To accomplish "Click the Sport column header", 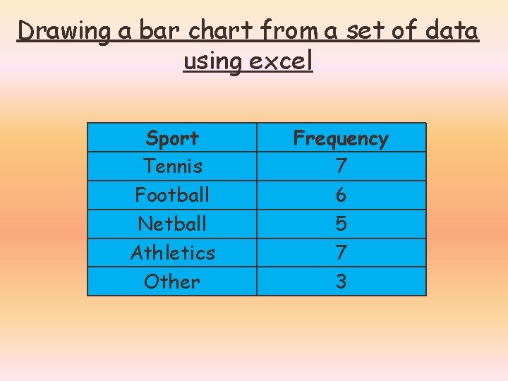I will click(172, 138).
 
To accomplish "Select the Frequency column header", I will click(341, 138).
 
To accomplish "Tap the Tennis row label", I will click(172, 167).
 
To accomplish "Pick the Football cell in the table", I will click(172, 194).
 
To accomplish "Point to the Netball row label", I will click(172, 224).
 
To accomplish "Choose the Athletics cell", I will click(172, 252).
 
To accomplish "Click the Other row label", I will click(172, 282).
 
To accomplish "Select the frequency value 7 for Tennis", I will click(341, 167).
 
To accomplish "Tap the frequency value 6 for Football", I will click(341, 195).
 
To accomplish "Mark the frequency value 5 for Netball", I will click(341, 224).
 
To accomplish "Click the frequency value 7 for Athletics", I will click(341, 253).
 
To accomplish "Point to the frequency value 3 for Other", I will click(341, 282).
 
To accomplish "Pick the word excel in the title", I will click(281, 61).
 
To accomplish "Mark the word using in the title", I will click(211, 63).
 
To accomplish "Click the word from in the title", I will click(292, 31).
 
